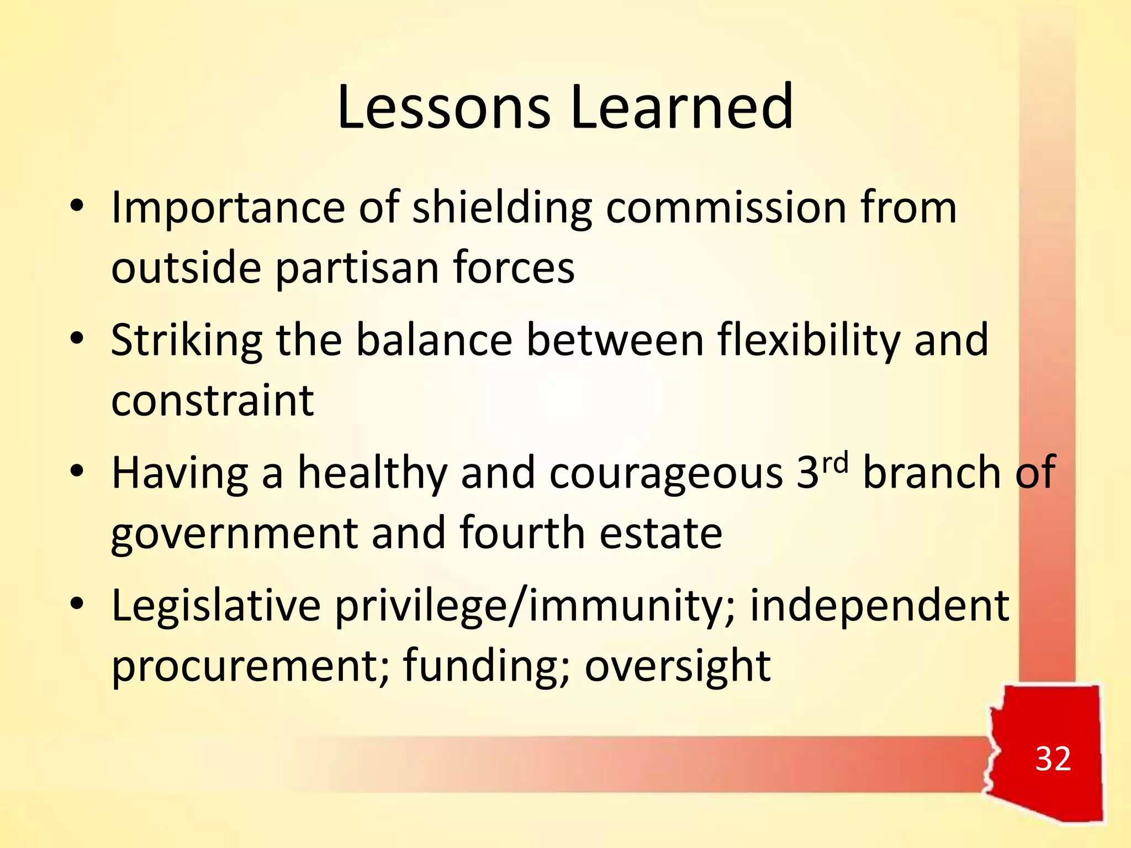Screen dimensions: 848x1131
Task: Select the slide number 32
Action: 1053,759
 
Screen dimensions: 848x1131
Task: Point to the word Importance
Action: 228,208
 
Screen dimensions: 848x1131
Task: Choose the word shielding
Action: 502,208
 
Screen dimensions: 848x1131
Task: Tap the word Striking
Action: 187,341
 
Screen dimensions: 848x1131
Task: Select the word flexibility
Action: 808,341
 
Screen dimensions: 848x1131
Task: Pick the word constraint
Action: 213,400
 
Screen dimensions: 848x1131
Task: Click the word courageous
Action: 666,474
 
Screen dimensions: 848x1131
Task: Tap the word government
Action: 234,533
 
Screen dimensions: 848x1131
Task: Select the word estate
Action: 660,533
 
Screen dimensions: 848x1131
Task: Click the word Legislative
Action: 216,606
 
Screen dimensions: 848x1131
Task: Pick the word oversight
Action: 677,666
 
